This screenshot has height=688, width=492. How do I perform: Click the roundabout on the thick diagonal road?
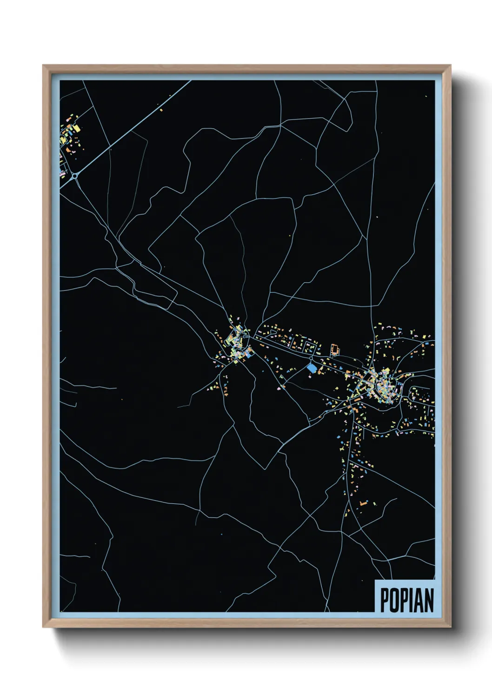click(x=74, y=176)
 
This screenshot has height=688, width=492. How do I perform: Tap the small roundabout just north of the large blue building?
click(x=311, y=359)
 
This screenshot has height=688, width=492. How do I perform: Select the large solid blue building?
click(x=312, y=368)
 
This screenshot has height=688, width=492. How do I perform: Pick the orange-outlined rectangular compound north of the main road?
click(x=334, y=350)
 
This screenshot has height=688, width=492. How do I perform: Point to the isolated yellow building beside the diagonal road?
click(x=161, y=110)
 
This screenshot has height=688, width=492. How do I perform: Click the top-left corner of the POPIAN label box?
click(x=375, y=580)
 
